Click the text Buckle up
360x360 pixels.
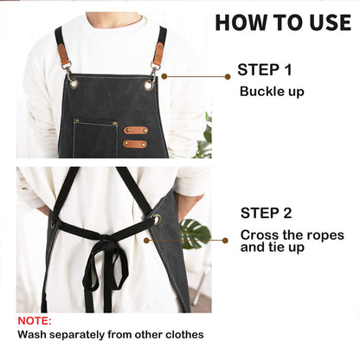click(x=272, y=91)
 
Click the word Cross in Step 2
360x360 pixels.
click(x=259, y=235)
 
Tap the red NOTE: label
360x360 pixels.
click(x=34, y=320)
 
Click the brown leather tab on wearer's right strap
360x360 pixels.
click(x=64, y=55)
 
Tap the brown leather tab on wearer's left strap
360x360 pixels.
click(x=158, y=55)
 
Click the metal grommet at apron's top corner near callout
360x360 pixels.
click(x=150, y=84)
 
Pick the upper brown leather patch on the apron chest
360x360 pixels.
click(x=135, y=131)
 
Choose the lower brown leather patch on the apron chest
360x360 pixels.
click(x=134, y=144)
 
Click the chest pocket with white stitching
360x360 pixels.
click(x=95, y=138)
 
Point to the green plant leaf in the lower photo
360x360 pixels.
click(x=194, y=232)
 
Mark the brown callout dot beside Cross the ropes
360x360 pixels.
click(x=224, y=241)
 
